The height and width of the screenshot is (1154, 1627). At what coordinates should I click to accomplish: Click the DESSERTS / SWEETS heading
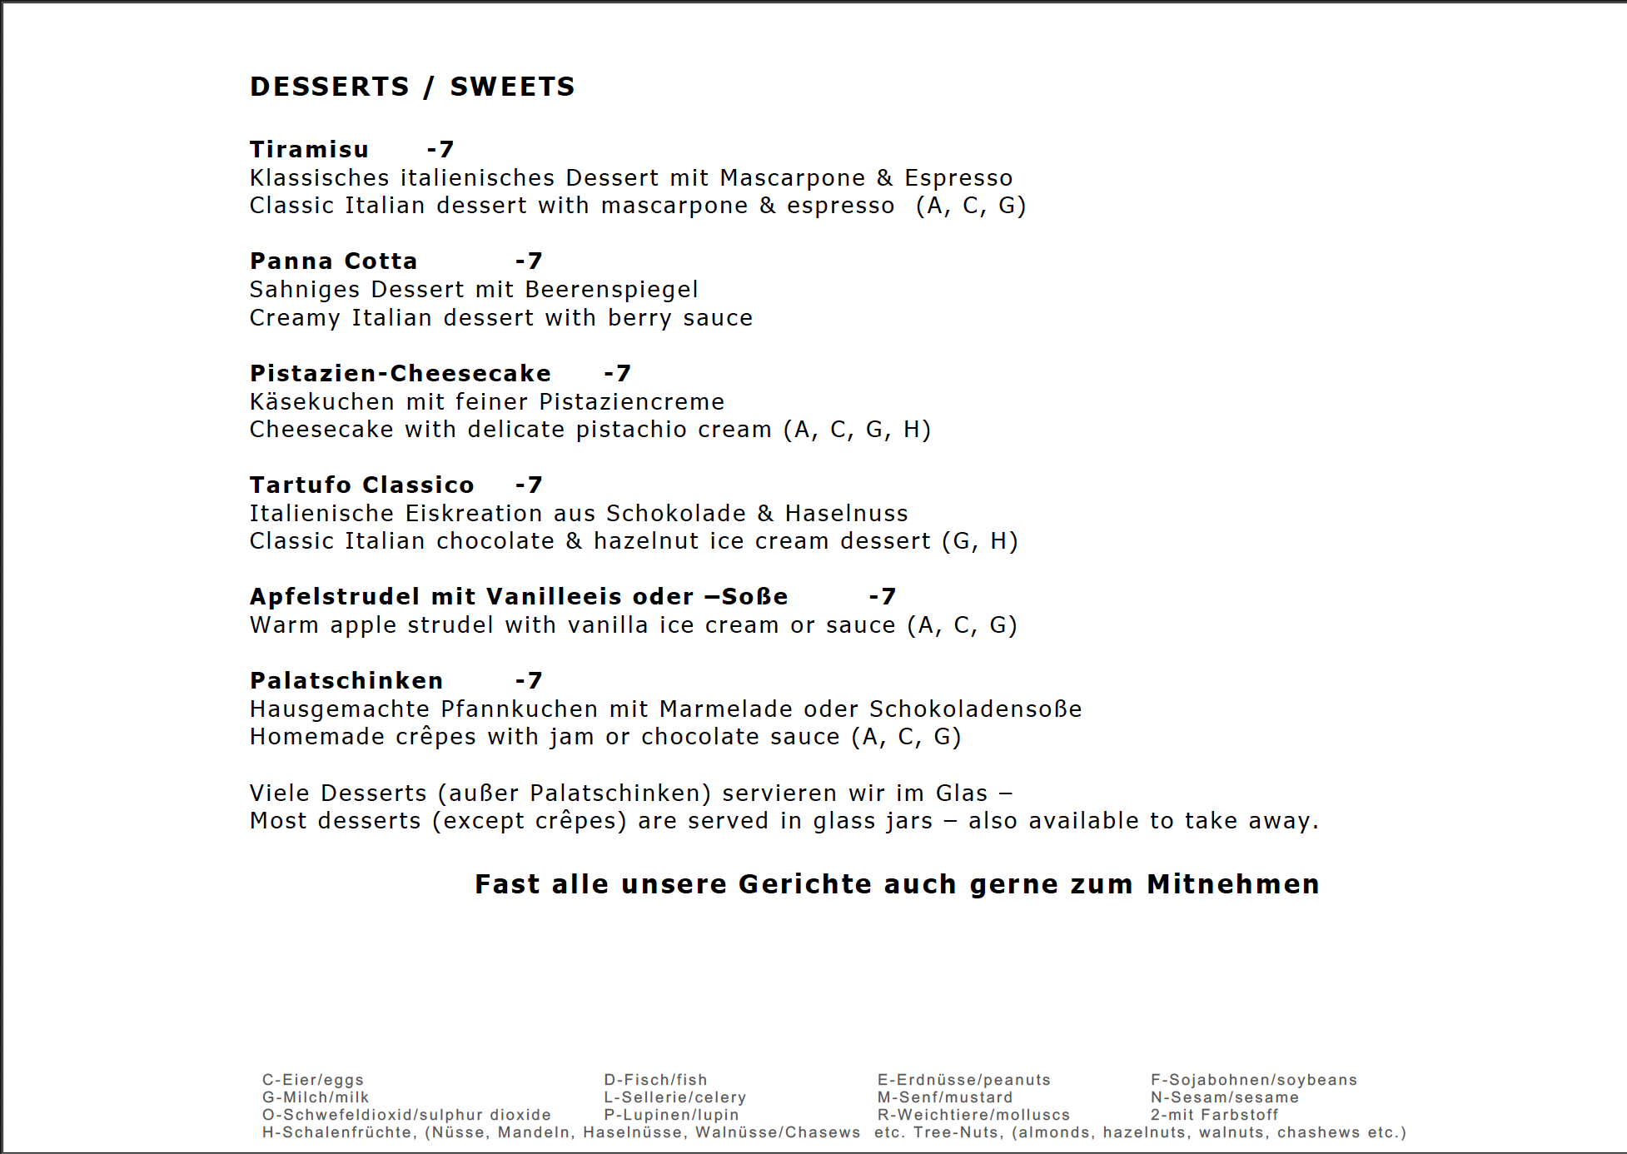tap(412, 87)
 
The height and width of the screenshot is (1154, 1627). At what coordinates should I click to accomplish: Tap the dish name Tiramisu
tap(309, 149)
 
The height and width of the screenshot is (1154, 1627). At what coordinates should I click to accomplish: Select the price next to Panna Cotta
tap(529, 261)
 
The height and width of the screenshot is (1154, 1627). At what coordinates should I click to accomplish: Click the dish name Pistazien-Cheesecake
tap(400, 373)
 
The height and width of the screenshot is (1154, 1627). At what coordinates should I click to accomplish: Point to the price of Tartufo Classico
tap(529, 485)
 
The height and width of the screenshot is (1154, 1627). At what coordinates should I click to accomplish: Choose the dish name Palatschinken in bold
tap(346, 680)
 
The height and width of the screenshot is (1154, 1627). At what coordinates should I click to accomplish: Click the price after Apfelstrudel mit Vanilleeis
tap(882, 596)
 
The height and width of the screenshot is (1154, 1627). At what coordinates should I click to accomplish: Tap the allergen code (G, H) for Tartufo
tap(979, 541)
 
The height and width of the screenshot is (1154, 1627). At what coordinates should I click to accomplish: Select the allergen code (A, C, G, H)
tap(857, 430)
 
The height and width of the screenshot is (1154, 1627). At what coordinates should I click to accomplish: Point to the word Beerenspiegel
tap(611, 290)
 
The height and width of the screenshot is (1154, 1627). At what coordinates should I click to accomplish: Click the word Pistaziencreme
tap(631, 402)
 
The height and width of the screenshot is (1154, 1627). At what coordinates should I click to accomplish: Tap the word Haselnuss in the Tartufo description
tap(846, 514)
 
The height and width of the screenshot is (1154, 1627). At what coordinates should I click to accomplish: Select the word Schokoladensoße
tap(975, 709)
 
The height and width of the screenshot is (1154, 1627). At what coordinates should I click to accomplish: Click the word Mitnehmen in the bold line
tap(1232, 884)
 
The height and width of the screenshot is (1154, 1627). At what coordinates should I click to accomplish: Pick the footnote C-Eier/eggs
tap(313, 1080)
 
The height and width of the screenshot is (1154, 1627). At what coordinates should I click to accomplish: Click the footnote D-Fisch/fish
tap(655, 1080)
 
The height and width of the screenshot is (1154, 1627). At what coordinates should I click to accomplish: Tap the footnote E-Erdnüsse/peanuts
tap(963, 1080)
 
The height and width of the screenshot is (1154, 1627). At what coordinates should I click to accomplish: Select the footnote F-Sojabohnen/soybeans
tap(1253, 1080)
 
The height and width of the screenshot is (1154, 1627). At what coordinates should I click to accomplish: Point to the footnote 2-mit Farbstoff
tap(1214, 1115)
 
